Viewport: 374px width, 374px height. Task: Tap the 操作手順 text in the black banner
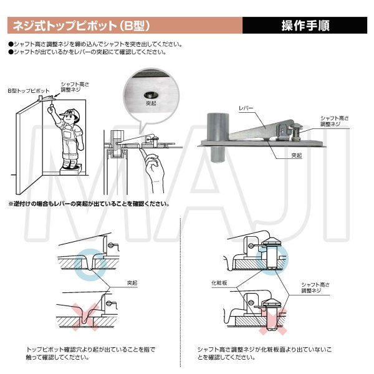click(305, 26)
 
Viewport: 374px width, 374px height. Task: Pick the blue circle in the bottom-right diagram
click(276, 256)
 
